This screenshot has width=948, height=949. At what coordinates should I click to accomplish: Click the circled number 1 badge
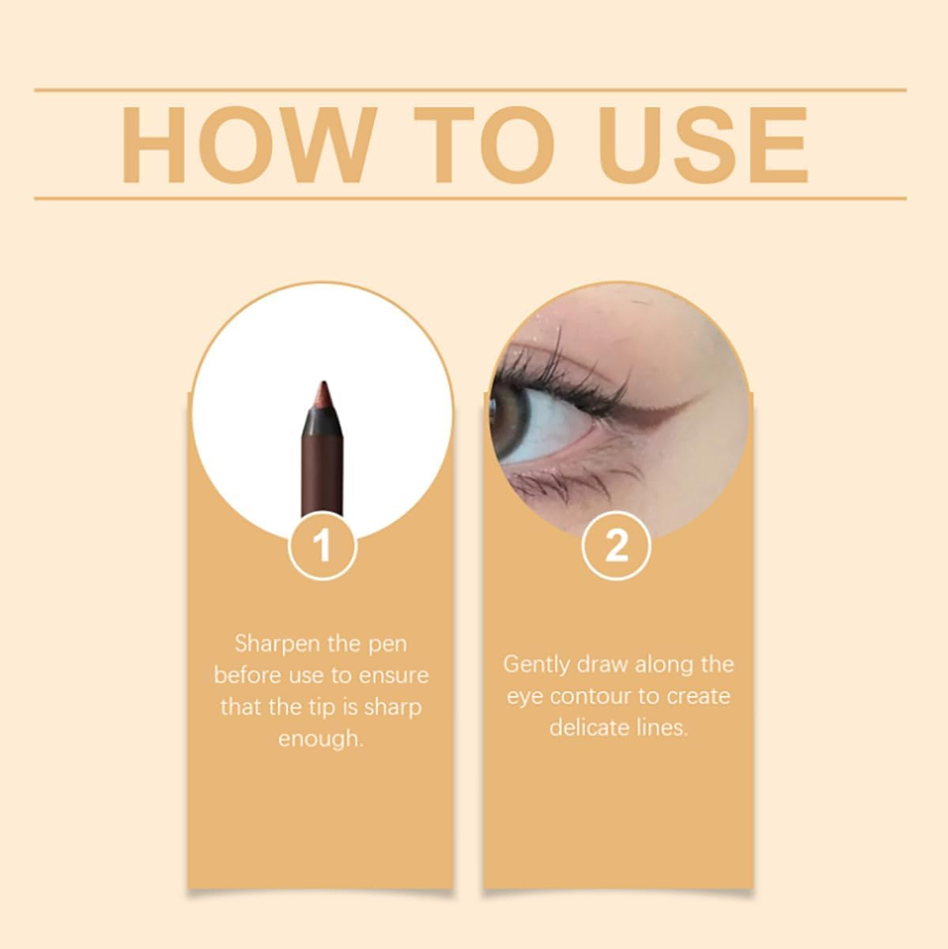pos(322,546)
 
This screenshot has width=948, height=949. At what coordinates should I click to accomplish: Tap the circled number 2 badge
pos(617,546)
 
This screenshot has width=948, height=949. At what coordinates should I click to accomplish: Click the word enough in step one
pos(319,739)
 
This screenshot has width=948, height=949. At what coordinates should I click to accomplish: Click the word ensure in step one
pos(394,675)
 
